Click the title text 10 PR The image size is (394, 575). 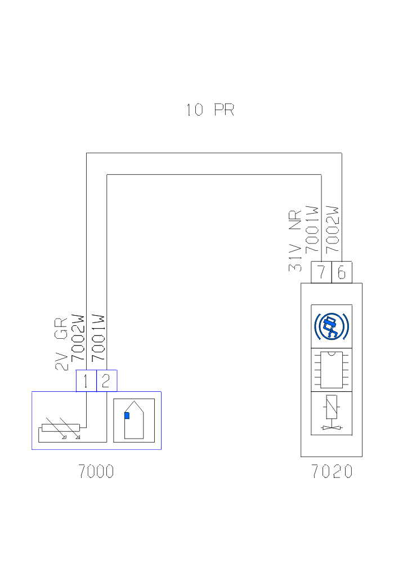pos(209,109)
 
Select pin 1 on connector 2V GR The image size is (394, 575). pos(86,381)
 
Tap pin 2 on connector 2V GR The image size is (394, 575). pos(106,381)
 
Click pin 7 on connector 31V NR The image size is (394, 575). pos(321,273)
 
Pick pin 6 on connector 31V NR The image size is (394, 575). pos(342,273)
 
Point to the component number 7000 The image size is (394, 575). pos(96,471)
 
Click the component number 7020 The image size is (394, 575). pos(332,471)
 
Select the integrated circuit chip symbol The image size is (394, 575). pos(332,369)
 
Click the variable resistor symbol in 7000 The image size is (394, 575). pos(60,431)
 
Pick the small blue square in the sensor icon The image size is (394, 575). pos(127,415)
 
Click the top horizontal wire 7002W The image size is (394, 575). pos(214,153)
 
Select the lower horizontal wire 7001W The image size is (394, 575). pos(214,175)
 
